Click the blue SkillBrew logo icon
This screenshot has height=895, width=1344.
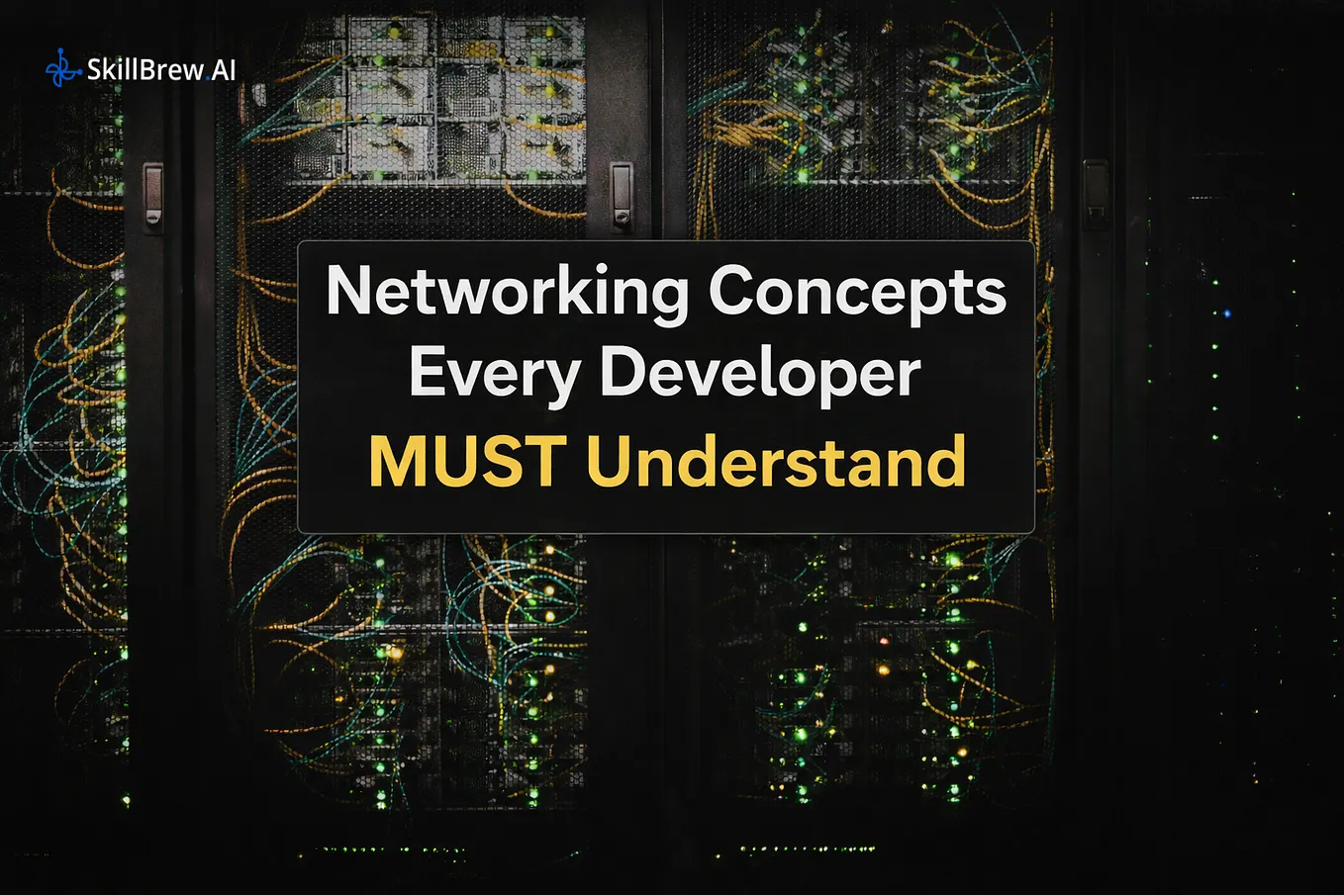click(63, 68)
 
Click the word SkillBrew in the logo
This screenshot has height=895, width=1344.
click(145, 69)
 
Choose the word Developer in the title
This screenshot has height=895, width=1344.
click(760, 374)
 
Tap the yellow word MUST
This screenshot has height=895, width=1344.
click(468, 461)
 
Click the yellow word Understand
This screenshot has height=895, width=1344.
click(776, 461)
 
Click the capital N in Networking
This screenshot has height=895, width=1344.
click(348, 290)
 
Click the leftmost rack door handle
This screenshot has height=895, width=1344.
click(153, 197)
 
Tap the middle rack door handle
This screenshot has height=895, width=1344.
click(622, 195)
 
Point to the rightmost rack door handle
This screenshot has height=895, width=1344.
click(1096, 194)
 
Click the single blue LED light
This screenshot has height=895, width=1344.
click(1227, 313)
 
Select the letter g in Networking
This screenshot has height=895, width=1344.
click(667, 303)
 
